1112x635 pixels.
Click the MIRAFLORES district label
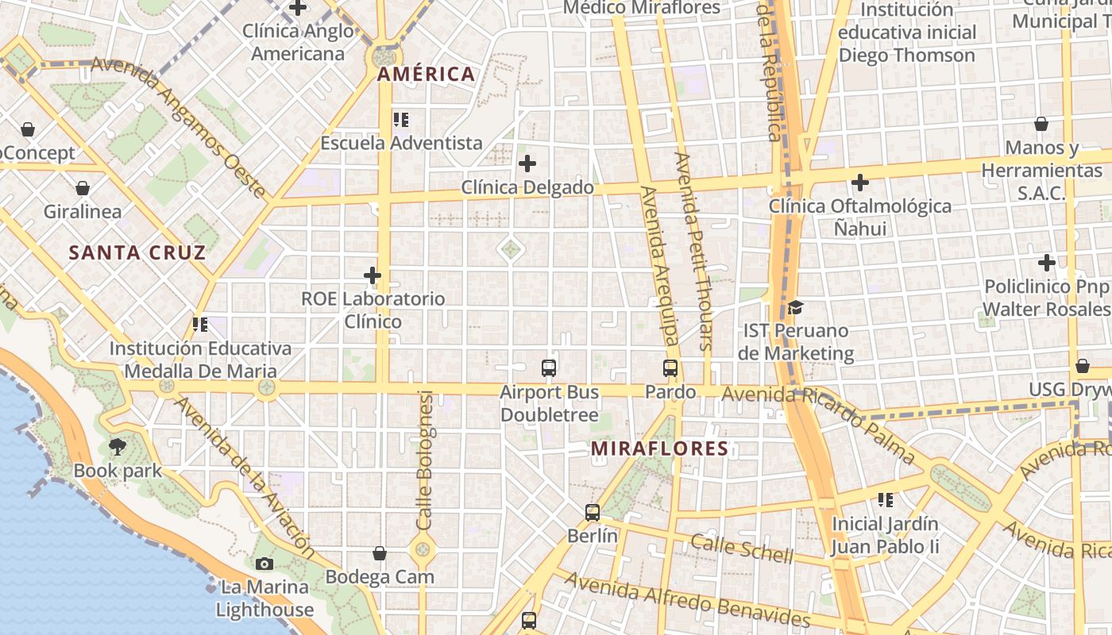click(659, 448)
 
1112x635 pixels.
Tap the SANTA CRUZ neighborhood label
click(137, 253)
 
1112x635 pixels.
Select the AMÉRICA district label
click(426, 75)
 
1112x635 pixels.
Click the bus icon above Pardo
click(670, 368)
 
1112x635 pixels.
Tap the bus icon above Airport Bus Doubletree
click(549, 368)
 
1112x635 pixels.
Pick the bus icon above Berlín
click(593, 513)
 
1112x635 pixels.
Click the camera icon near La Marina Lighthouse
click(264, 564)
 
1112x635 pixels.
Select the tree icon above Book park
click(118, 447)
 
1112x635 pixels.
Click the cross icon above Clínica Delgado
click(527, 164)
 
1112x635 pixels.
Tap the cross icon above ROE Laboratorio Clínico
click(373, 276)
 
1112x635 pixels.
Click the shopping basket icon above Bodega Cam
click(380, 553)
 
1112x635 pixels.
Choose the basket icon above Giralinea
click(83, 189)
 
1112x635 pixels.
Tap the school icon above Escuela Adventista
click(401, 120)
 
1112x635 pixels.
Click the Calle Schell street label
click(741, 548)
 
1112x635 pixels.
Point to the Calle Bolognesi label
click(425, 460)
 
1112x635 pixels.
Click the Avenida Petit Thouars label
click(693, 250)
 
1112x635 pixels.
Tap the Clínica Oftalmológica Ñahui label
click(859, 217)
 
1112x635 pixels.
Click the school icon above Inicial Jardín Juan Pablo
click(886, 500)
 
